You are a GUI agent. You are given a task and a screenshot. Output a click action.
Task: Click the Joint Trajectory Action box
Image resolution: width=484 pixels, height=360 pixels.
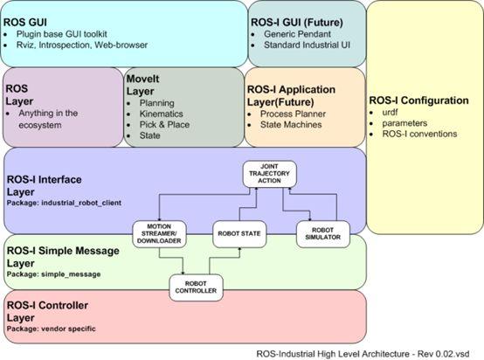(269, 174)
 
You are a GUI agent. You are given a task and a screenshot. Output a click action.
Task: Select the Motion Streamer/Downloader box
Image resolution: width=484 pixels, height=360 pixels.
(159, 233)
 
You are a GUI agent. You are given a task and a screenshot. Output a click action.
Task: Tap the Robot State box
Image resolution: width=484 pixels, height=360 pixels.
(239, 233)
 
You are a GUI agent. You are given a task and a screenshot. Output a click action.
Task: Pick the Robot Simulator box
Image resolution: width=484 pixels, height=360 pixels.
(323, 233)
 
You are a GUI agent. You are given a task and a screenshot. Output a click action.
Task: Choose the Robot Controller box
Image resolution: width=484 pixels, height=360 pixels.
(196, 287)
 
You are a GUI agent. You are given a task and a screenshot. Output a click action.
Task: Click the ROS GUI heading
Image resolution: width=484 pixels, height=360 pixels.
(25, 23)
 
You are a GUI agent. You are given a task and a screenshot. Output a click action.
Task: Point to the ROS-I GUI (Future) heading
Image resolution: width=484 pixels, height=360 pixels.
(297, 23)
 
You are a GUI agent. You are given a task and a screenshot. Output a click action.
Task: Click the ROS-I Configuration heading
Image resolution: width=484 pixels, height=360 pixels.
(418, 100)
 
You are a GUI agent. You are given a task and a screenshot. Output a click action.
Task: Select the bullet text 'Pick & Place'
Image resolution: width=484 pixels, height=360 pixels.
(164, 125)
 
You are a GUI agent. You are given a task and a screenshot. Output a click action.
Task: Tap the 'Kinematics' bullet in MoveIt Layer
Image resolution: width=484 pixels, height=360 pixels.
(161, 114)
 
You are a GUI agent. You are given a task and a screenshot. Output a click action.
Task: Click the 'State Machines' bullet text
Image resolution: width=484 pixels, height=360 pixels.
(291, 125)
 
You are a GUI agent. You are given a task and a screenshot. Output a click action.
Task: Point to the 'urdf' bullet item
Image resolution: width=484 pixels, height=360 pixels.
(390, 113)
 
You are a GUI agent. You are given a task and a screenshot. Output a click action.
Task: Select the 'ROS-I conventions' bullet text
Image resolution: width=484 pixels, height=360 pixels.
(419, 134)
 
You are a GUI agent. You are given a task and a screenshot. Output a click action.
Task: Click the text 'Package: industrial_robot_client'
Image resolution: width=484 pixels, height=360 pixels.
(64, 203)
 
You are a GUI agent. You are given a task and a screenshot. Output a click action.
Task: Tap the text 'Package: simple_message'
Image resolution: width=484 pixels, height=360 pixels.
(53, 274)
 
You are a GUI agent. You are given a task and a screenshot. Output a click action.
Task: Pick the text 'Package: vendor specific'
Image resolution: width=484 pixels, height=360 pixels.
(52, 329)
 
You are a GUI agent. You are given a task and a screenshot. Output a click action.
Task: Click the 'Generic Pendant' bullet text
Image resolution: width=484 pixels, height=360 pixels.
(297, 34)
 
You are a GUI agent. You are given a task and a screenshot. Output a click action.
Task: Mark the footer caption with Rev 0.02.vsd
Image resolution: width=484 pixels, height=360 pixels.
(363, 354)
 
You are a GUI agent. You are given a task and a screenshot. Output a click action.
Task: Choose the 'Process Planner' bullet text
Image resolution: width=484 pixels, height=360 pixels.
(293, 114)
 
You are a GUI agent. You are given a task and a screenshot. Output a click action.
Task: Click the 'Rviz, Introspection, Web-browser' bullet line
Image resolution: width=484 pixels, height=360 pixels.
(82, 45)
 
